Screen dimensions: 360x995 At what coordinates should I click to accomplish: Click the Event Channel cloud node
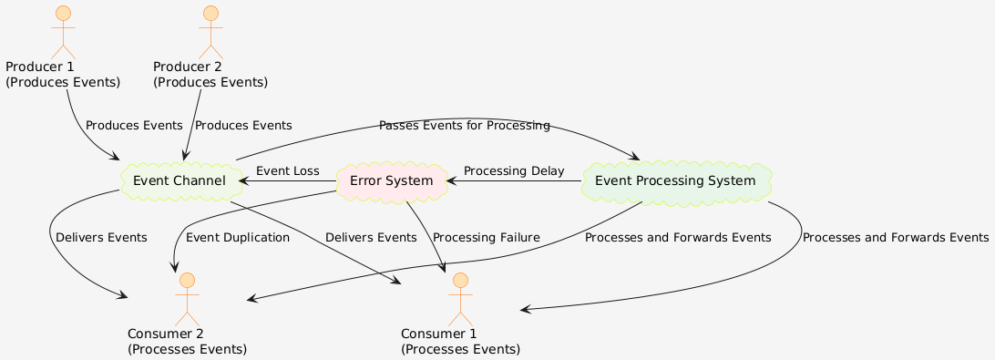pyautogui.click(x=180, y=181)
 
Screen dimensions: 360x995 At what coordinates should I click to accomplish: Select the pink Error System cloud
pyautogui.click(x=391, y=181)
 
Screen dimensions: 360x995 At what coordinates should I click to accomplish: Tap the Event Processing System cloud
pyautogui.click(x=675, y=181)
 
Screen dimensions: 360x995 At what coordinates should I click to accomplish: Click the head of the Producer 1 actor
pyautogui.click(x=63, y=14)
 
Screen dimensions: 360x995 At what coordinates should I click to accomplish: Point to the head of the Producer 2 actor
pyautogui.click(x=210, y=14)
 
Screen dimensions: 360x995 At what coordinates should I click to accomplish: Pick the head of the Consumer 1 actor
pyautogui.click(x=460, y=280)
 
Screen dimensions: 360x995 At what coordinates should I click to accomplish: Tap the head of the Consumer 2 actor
pyautogui.click(x=187, y=280)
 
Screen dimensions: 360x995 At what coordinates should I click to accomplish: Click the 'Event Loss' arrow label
pyautogui.click(x=288, y=171)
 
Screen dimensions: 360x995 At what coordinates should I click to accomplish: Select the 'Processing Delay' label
pyautogui.click(x=514, y=171)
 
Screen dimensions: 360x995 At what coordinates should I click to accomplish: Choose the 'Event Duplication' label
pyautogui.click(x=238, y=238)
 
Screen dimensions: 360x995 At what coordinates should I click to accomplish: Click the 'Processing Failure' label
pyautogui.click(x=487, y=238)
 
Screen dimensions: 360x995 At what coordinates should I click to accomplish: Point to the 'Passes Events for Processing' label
pyautogui.click(x=464, y=125)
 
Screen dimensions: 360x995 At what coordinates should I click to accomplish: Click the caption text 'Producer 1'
pyautogui.click(x=39, y=67)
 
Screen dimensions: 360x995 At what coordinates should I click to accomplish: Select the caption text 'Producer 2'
pyautogui.click(x=187, y=67)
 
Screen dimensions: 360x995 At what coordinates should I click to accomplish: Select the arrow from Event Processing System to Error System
pyautogui.click(x=514, y=181)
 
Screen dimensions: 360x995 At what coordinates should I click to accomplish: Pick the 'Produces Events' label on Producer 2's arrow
pyautogui.click(x=243, y=125)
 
